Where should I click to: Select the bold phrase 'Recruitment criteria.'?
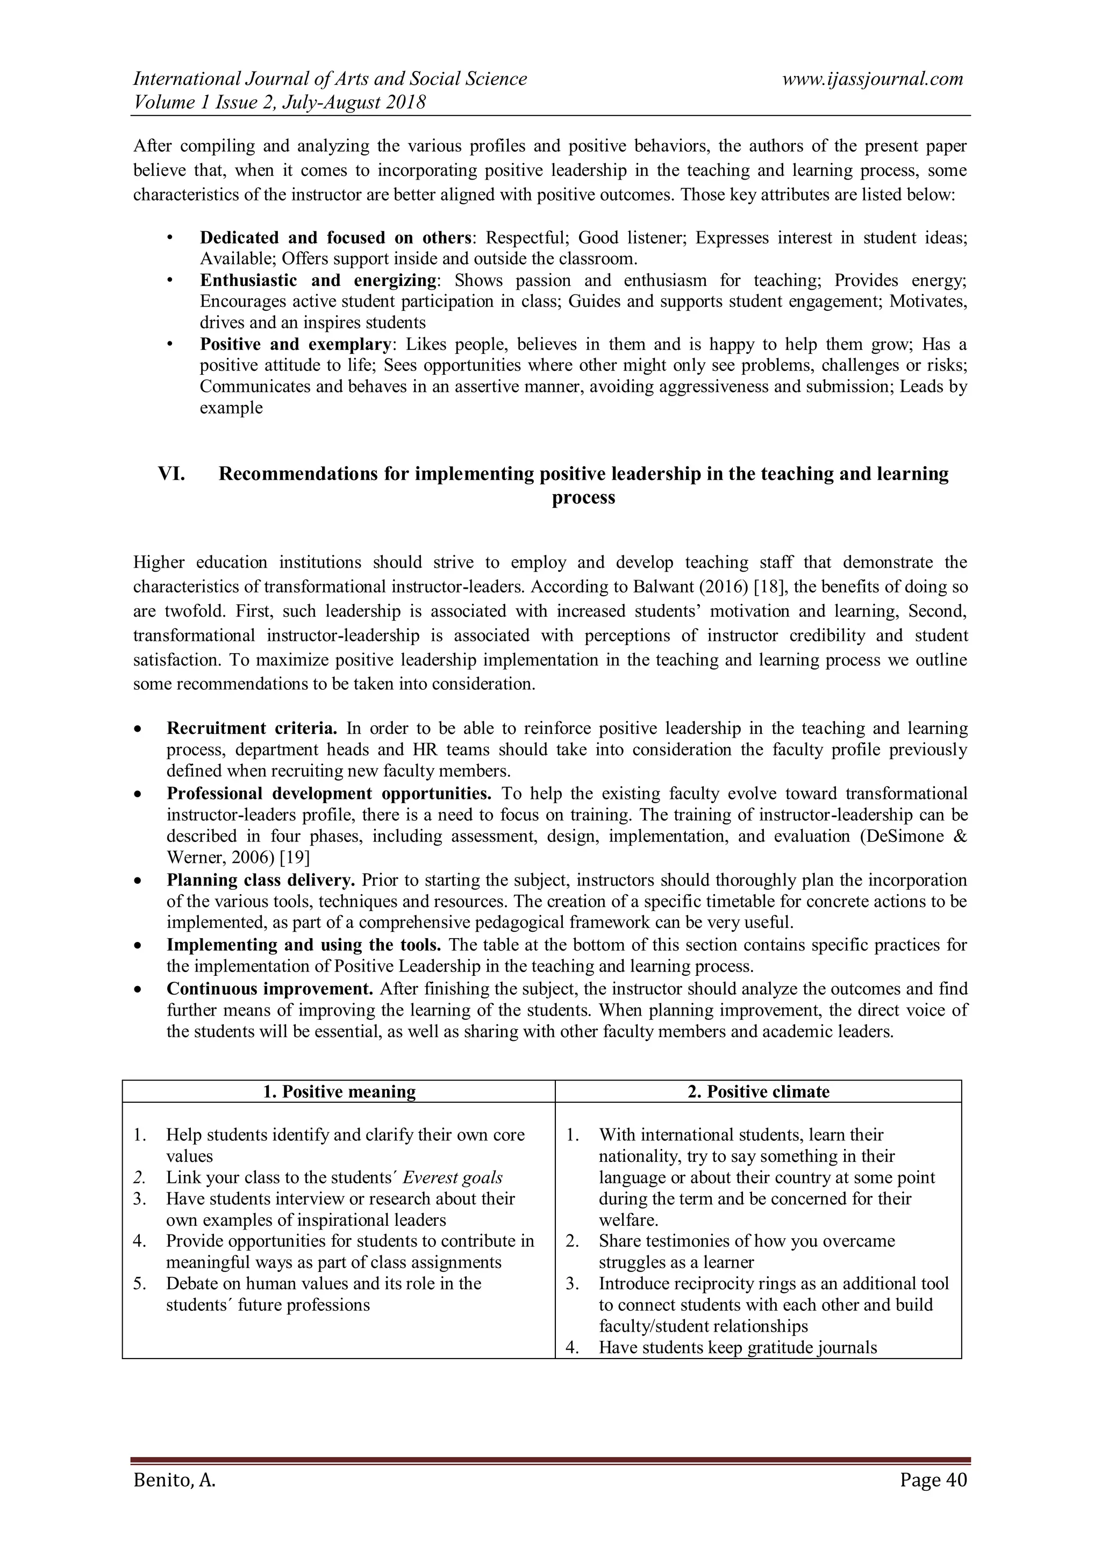(252, 728)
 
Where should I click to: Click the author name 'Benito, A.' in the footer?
(174, 1480)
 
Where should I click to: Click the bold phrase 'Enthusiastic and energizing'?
(318, 280)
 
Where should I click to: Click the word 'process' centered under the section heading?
(583, 498)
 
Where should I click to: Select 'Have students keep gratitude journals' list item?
(738, 1347)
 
